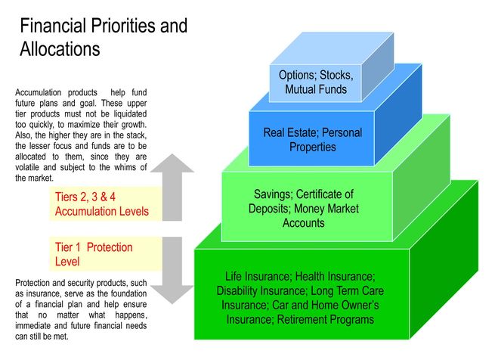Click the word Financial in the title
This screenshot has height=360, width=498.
pyautogui.click(x=53, y=26)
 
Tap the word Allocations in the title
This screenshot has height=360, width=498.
pyautogui.click(x=60, y=49)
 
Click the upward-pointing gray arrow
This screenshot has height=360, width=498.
pyautogui.click(x=172, y=187)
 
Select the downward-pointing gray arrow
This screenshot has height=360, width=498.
pyautogui.click(x=172, y=271)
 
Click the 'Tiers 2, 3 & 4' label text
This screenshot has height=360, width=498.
pyautogui.click(x=85, y=197)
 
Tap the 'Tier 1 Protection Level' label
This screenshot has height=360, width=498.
pyautogui.click(x=94, y=254)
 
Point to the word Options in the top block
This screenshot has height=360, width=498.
pyautogui.click(x=298, y=76)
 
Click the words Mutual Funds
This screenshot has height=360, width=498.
pyautogui.click(x=316, y=89)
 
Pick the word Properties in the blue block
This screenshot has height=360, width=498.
pyautogui.click(x=313, y=147)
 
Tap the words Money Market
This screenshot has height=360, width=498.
pyautogui.click(x=326, y=209)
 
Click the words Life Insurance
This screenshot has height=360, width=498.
pyautogui.click(x=258, y=277)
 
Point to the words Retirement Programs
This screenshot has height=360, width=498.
pyautogui.click(x=325, y=319)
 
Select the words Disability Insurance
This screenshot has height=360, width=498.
pyautogui.click(x=262, y=290)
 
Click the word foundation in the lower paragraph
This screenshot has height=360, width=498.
pyautogui.click(x=128, y=293)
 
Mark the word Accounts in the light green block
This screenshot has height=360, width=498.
pyautogui.click(x=304, y=223)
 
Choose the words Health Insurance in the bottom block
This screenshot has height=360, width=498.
pyautogui.click(x=335, y=277)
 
